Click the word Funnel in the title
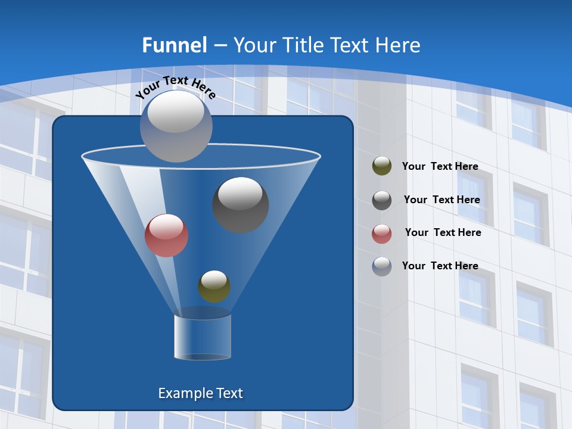175,45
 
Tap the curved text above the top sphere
175,87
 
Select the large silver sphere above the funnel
176,126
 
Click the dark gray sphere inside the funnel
241,205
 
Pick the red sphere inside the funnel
166,235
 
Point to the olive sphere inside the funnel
214,287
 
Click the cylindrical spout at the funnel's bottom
203,337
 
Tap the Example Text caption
201,393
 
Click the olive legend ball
382,166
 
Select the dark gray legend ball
382,200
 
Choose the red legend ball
382,233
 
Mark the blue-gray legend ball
382,266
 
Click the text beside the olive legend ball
440,166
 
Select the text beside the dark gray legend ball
442,200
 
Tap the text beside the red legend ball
443,232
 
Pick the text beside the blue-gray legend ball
440,266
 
